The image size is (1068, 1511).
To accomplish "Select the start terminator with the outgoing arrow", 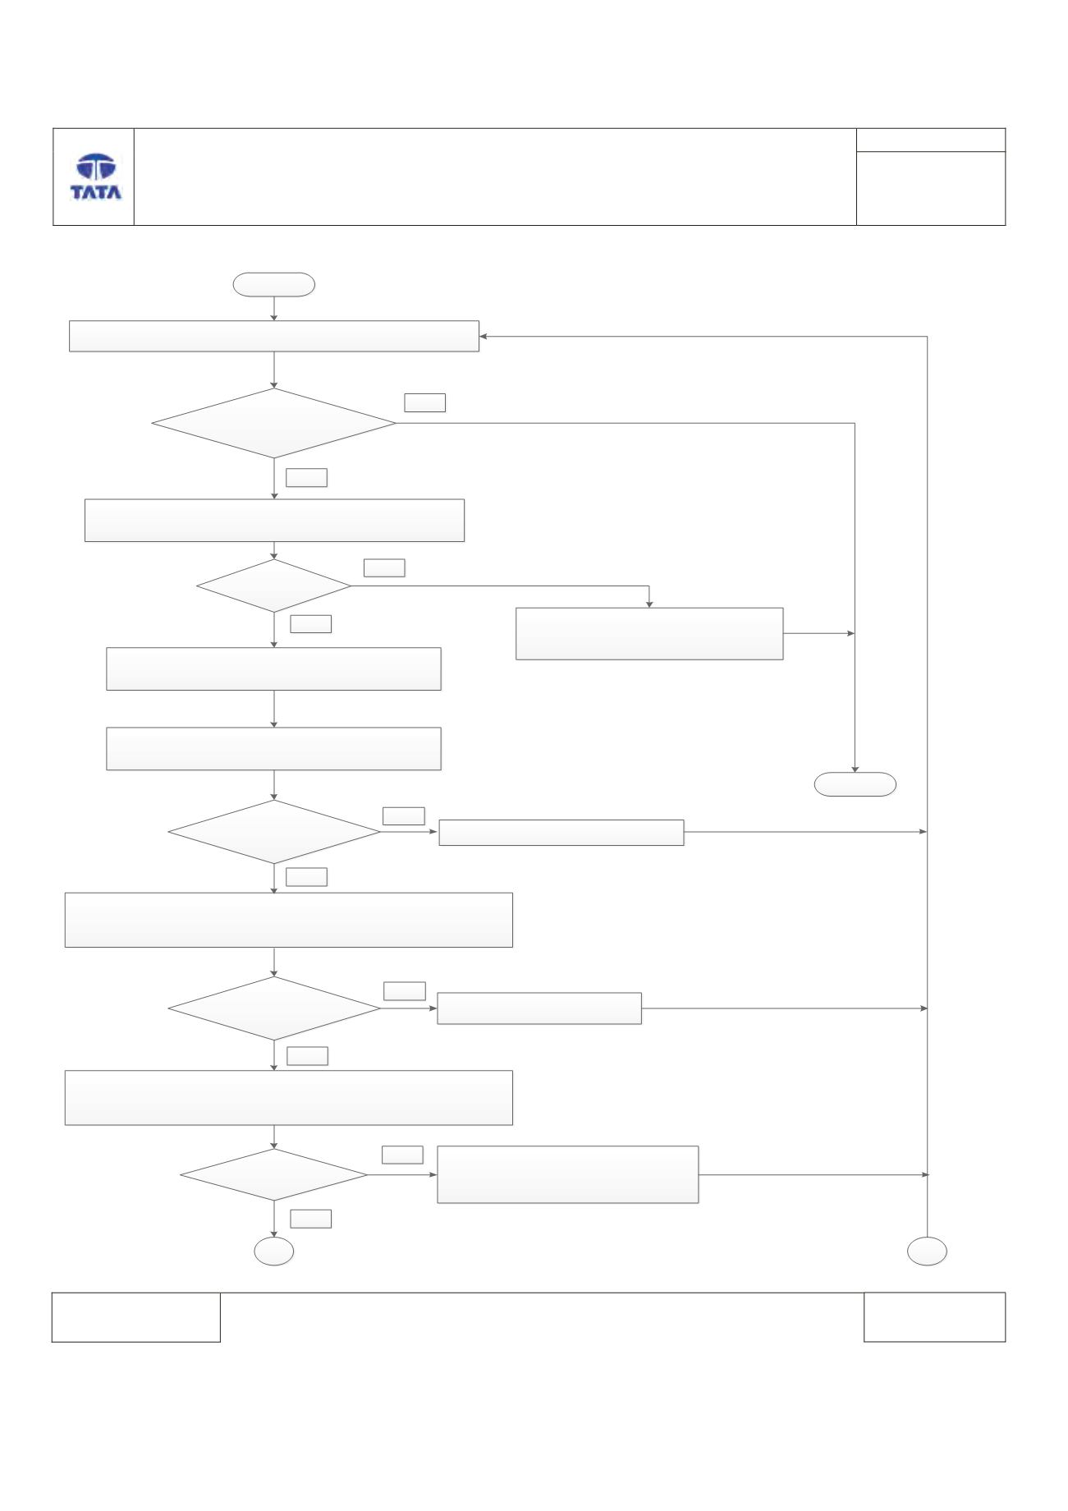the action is (x=274, y=284).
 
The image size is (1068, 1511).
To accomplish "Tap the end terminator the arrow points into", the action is (x=855, y=784).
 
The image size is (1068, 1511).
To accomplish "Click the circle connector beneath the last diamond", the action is (x=274, y=1252).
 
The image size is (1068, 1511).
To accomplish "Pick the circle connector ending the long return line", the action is (x=927, y=1252).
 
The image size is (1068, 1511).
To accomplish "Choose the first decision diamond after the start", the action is (x=274, y=423).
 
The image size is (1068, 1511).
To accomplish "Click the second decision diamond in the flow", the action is (x=274, y=586).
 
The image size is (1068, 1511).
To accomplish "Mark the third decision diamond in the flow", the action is (x=274, y=832).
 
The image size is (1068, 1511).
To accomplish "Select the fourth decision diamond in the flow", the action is (x=274, y=1008).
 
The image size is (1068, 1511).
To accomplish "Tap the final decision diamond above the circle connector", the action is (x=274, y=1175).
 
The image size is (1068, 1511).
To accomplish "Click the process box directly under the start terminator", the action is (x=274, y=336).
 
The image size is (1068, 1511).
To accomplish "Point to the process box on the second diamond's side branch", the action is (x=649, y=634).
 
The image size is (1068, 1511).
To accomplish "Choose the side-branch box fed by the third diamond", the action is (x=562, y=833).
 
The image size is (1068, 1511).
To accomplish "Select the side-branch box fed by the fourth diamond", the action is (x=539, y=1008).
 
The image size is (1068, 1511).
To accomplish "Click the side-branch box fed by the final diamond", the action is (x=568, y=1175).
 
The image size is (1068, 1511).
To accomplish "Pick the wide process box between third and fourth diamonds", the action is (x=289, y=921).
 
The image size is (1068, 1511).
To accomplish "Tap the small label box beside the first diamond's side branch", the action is (x=425, y=402).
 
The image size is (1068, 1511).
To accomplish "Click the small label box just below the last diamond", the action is (x=311, y=1219).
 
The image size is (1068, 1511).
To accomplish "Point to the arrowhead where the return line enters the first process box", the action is (x=484, y=336).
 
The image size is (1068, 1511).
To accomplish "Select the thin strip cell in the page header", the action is (x=931, y=140).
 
